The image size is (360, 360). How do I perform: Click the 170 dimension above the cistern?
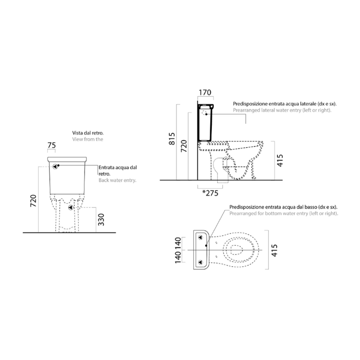205,92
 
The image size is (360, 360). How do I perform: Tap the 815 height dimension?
172,139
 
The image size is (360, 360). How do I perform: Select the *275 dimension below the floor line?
210,193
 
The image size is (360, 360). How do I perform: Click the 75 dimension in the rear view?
52,145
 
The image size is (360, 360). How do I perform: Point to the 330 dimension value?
101,220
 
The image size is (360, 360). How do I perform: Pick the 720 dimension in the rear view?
33,200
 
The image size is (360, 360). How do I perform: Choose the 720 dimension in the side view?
184,146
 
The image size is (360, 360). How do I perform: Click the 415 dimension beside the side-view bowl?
280,161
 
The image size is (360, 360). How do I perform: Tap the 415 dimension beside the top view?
274,250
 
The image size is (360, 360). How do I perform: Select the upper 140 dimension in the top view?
178,243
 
